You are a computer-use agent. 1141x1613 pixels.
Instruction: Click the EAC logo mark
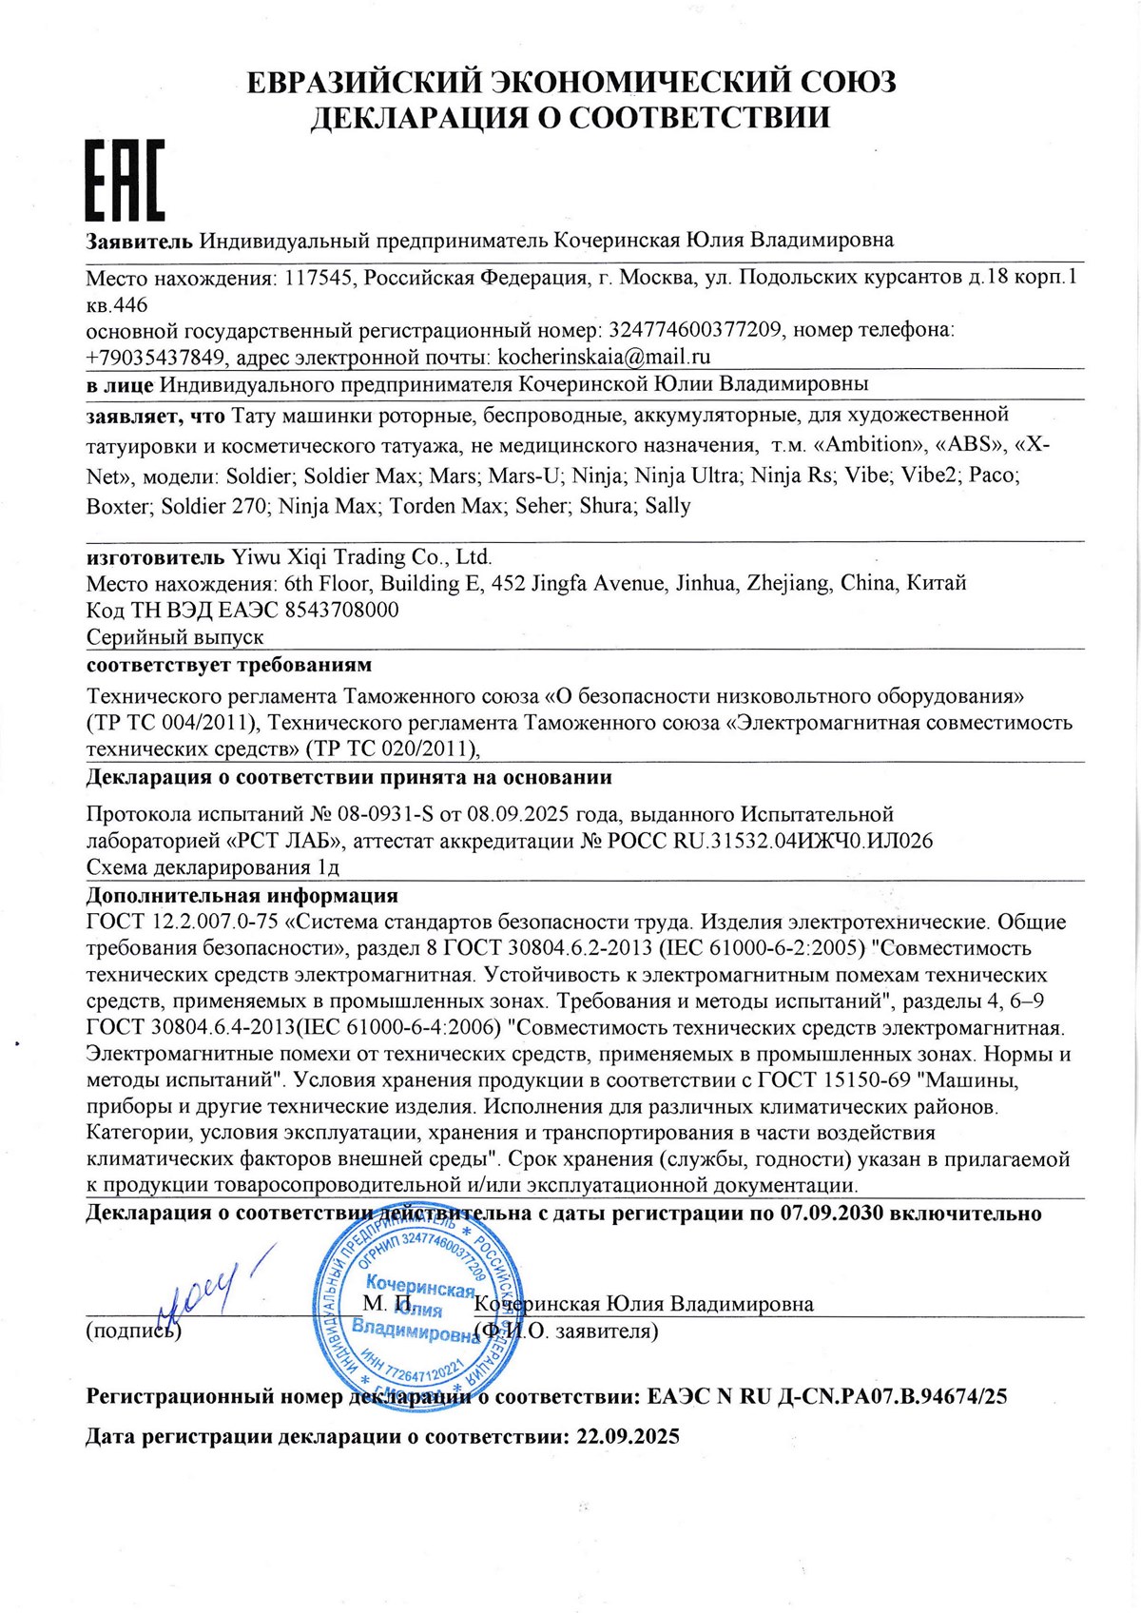(126, 181)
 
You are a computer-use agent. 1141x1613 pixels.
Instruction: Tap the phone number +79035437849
(155, 357)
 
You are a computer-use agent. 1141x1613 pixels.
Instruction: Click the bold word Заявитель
(140, 240)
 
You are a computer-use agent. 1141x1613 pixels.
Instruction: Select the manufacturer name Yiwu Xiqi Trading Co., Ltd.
(361, 556)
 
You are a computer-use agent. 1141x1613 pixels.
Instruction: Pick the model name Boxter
(118, 506)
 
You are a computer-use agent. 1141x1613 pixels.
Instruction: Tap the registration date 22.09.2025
(628, 1436)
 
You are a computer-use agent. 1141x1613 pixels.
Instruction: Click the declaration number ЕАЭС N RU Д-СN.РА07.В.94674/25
(826, 1396)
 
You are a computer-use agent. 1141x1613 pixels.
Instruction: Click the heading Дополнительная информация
(242, 895)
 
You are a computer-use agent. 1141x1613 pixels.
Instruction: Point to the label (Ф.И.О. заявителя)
(567, 1330)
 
